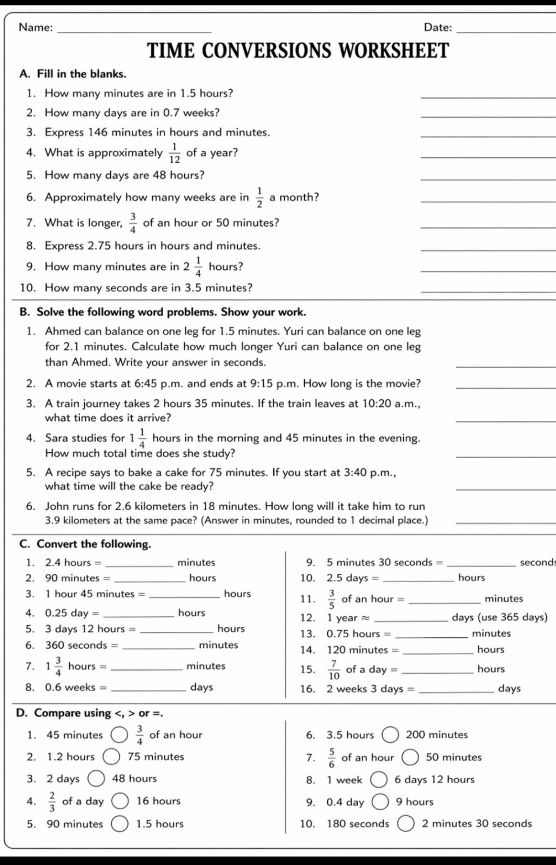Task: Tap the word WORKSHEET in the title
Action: click(394, 51)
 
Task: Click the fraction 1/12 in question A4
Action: click(174, 154)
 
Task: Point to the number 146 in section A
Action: click(98, 133)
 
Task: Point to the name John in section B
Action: click(56, 507)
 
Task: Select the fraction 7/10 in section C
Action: click(334, 670)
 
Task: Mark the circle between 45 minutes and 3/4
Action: click(119, 735)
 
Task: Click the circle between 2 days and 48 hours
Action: click(96, 779)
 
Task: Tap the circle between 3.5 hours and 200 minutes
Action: click(390, 735)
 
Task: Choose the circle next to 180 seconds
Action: click(405, 824)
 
